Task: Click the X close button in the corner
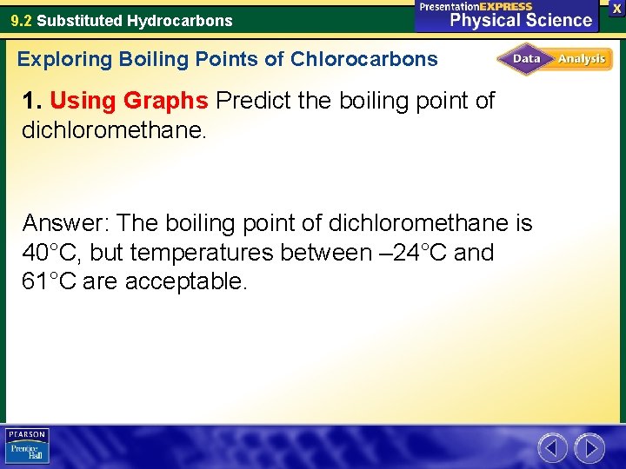pyautogui.click(x=617, y=8)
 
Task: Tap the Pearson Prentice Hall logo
pyautogui.click(x=27, y=446)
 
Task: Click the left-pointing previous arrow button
pyautogui.click(x=552, y=448)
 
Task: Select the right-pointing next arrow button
pyautogui.click(x=589, y=448)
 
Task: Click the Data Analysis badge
pyautogui.click(x=555, y=59)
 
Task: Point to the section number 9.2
pyautogui.click(x=22, y=20)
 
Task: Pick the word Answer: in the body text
pyautogui.click(x=66, y=223)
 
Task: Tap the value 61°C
pyautogui.click(x=51, y=281)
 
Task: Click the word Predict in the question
pyautogui.click(x=253, y=101)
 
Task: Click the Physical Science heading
pyautogui.click(x=520, y=19)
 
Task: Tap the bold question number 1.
pyautogui.click(x=31, y=101)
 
